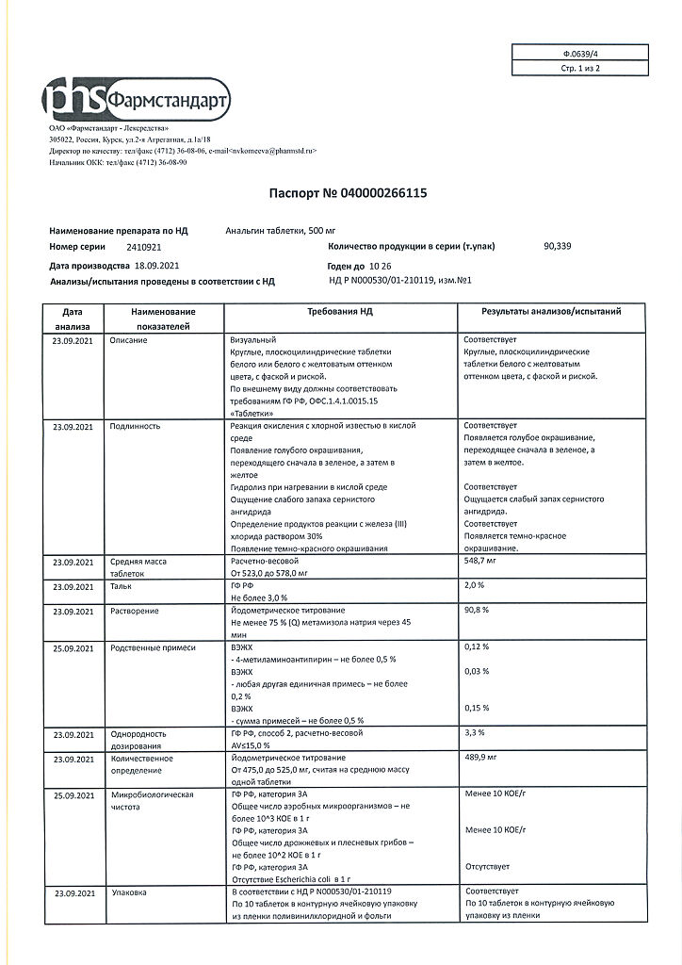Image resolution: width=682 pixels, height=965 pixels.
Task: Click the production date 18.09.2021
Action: [x=156, y=266]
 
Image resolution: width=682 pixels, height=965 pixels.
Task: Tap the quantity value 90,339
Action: [x=558, y=246]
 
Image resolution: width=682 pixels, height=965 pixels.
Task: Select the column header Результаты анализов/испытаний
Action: [x=551, y=311]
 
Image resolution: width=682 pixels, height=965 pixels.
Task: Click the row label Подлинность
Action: [x=136, y=426]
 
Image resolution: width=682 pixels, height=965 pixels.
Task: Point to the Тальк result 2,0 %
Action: [x=475, y=585]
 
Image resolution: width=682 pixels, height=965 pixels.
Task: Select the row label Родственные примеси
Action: [x=153, y=647]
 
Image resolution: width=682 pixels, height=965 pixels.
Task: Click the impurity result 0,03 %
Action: [x=478, y=671]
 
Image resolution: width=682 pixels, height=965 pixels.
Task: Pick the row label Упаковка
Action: [x=129, y=891]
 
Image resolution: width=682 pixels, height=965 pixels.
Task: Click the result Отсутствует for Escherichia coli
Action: [x=488, y=866]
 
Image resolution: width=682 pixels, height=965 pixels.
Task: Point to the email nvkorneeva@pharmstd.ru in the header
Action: [x=273, y=151]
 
